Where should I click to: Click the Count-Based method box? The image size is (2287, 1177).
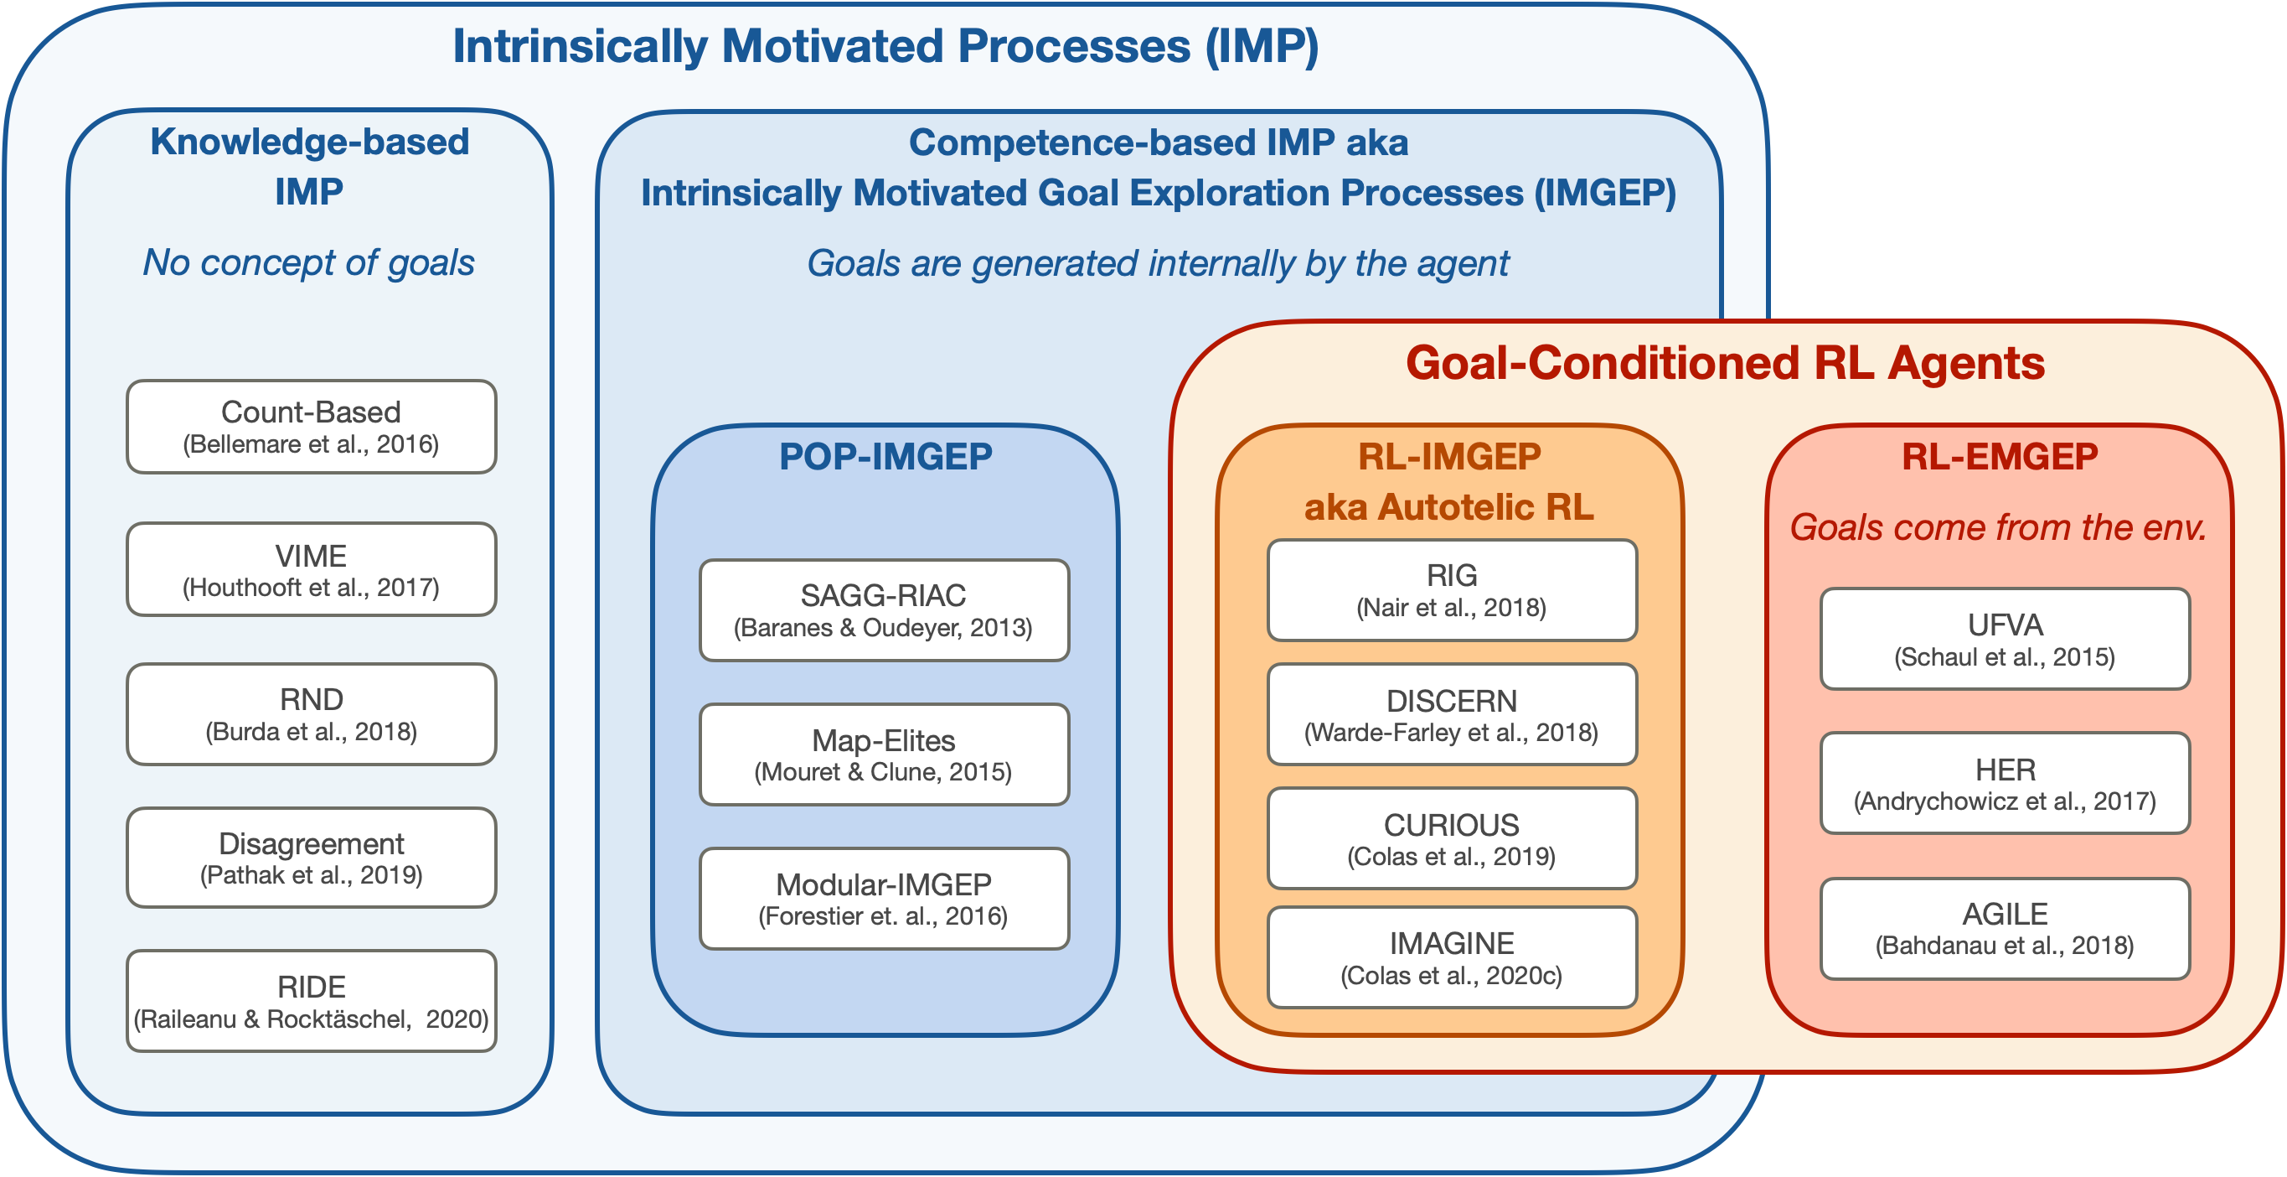pos(311,427)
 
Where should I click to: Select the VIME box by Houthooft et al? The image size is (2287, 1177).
pos(311,569)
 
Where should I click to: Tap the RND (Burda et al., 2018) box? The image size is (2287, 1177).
pos(311,714)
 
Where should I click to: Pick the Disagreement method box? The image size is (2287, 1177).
pos(311,858)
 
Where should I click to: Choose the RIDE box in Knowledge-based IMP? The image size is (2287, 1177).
pos(311,1001)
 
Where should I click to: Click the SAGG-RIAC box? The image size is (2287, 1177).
pos(885,610)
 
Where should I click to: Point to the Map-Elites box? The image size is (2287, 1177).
pos(885,754)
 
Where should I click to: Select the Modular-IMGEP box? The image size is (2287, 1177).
pos(885,898)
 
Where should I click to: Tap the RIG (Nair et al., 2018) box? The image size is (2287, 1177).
pos(1452,590)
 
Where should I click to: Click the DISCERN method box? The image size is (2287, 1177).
pos(1452,714)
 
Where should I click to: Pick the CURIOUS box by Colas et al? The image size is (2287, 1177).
pos(1452,837)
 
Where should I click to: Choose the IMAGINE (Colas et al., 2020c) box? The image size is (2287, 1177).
pos(1452,957)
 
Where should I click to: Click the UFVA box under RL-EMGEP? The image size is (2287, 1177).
pos(2005,639)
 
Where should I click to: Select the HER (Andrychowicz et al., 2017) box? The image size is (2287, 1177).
pos(2005,783)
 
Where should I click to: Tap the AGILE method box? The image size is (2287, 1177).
pos(2005,928)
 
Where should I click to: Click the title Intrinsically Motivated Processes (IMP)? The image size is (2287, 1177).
pos(885,46)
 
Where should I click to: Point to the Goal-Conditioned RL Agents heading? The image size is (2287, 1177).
pos(1725,363)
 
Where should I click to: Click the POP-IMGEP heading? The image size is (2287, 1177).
pos(885,457)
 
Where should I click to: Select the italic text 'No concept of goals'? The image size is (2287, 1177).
pos(309,263)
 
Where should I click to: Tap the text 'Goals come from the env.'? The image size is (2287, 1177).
pos(1998,527)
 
